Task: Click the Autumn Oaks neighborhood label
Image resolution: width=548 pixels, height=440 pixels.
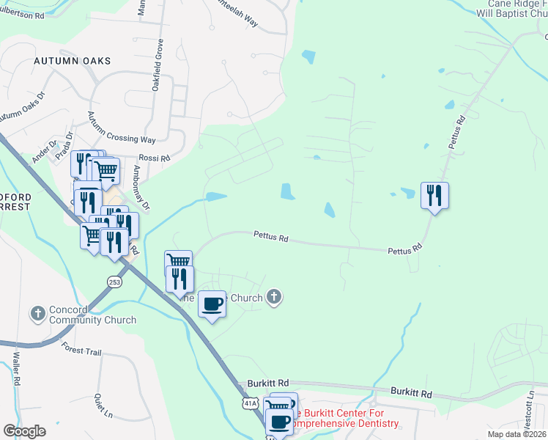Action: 72,61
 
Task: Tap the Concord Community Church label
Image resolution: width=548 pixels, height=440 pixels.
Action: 92,315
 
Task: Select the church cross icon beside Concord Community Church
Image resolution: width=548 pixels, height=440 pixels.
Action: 38,314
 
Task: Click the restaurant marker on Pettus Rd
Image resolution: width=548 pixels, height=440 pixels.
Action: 434,196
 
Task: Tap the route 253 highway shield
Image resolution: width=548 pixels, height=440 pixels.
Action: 114,282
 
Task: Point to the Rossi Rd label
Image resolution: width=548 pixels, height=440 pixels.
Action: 154,158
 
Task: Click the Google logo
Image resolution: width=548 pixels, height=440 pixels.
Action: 23,431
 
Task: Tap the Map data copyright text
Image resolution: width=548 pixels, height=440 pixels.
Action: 516,434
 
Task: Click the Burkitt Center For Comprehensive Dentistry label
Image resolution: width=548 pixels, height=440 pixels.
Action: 344,419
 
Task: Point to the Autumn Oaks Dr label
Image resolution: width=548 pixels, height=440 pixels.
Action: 21,106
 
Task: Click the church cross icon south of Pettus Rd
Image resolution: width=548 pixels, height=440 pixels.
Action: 274,297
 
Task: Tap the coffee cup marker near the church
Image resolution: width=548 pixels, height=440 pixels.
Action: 212,304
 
